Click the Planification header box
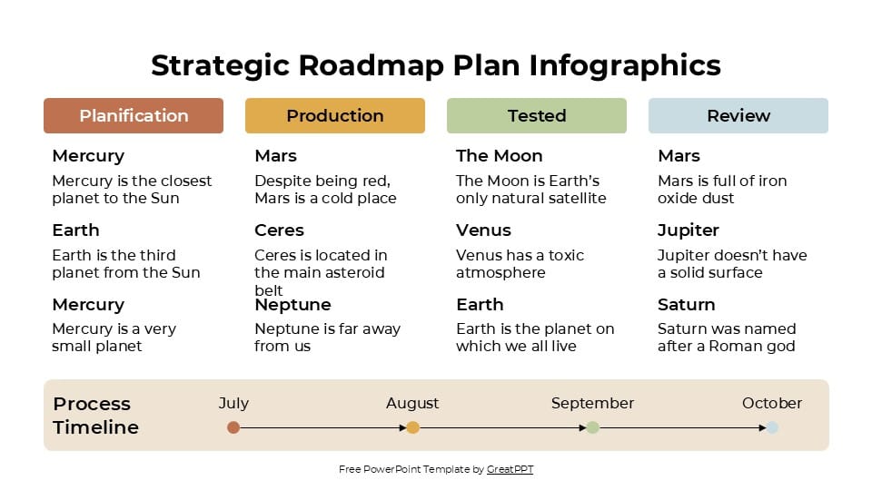point(134,115)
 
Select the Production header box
point(335,115)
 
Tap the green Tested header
point(537,115)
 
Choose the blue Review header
point(738,115)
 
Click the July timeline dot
point(233,427)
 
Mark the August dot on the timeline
point(412,427)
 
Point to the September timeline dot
point(592,427)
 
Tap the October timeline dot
point(772,427)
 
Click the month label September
point(592,403)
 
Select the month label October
point(772,403)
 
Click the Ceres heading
point(279,230)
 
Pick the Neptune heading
point(292,305)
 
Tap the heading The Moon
point(499,156)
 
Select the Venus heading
point(483,230)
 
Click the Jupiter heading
point(688,230)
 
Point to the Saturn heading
point(686,305)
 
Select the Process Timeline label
point(95,416)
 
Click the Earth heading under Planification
point(75,230)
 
